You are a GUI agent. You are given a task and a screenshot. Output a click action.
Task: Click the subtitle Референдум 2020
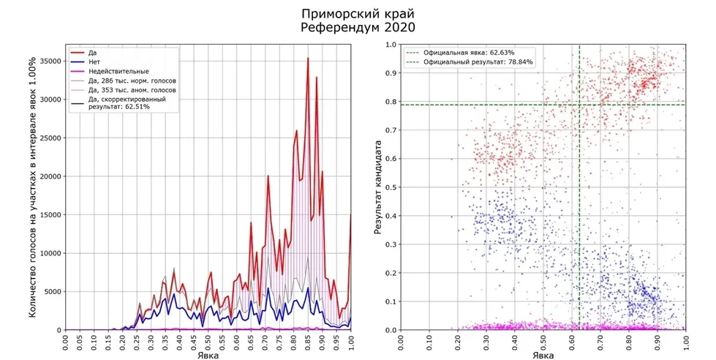click(358, 28)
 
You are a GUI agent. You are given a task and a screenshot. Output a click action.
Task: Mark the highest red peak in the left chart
click(308, 58)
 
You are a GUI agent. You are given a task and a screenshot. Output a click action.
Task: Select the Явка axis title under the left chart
click(208, 353)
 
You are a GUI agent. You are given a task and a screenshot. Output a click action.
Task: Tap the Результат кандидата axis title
click(378, 187)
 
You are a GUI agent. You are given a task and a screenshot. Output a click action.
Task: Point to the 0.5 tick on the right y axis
click(391, 187)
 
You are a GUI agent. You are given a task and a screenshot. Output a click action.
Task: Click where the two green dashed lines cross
click(579, 105)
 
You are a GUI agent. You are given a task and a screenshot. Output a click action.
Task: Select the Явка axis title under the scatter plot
click(543, 353)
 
